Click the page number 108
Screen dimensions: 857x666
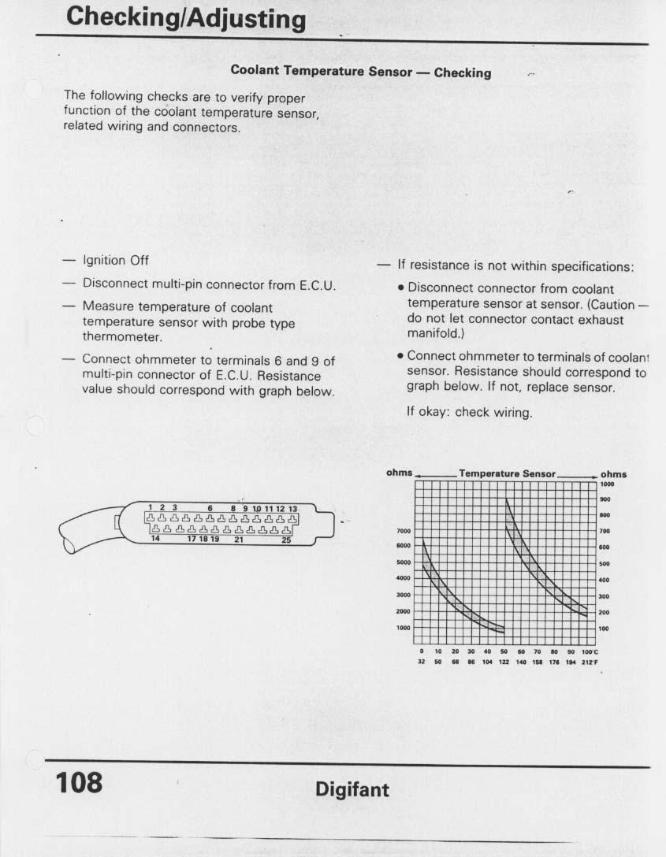point(80,783)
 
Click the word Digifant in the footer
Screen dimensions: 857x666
point(352,789)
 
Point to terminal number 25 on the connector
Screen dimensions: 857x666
point(286,540)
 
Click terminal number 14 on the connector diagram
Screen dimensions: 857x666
point(155,540)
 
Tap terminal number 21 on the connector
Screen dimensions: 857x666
point(238,540)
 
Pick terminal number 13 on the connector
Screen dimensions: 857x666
point(292,509)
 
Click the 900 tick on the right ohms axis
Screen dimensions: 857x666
point(605,499)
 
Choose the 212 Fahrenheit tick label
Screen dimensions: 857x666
point(589,662)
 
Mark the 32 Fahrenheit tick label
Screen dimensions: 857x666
point(422,662)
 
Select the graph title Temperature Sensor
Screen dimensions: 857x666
point(508,473)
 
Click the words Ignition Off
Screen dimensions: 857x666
point(116,261)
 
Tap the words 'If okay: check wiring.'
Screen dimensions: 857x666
point(469,411)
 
